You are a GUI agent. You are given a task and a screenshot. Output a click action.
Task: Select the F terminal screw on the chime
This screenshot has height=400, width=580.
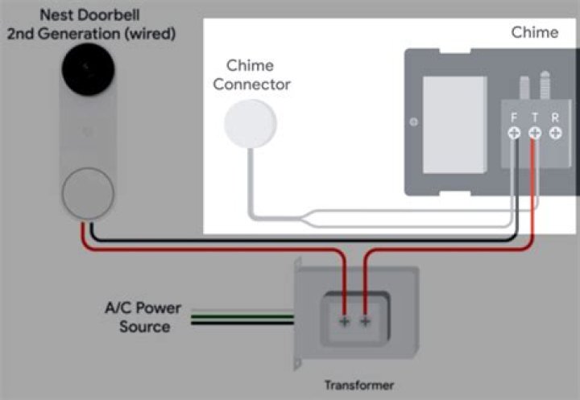[514, 133]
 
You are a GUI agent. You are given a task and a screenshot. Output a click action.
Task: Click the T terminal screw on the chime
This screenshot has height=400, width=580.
[534, 133]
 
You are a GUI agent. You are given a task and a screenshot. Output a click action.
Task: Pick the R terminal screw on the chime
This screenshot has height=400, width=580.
[555, 133]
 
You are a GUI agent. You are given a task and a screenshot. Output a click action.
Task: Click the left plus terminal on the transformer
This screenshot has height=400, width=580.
[344, 321]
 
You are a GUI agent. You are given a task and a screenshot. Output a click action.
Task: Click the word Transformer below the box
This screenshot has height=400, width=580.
[358, 385]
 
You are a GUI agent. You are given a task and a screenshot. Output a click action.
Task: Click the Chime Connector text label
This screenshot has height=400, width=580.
[251, 74]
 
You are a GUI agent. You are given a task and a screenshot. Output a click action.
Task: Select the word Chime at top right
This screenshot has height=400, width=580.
[534, 32]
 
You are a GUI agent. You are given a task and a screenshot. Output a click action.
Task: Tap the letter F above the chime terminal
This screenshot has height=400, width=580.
[514, 118]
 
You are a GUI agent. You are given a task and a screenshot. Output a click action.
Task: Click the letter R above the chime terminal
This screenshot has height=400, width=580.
[555, 118]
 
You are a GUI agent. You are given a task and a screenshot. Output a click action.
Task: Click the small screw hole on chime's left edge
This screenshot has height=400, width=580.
[413, 122]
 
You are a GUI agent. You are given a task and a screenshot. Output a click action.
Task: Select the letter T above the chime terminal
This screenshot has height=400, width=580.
[534, 118]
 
